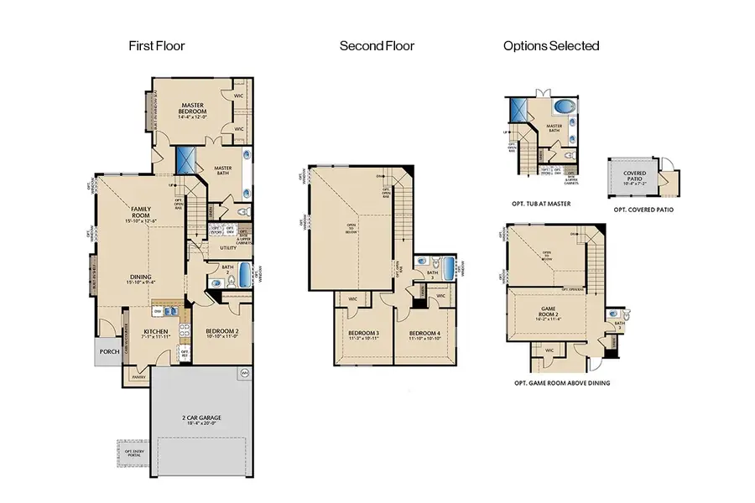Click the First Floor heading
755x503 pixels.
[x=157, y=46]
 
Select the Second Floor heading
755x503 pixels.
[x=377, y=46]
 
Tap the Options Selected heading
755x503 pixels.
[x=551, y=46]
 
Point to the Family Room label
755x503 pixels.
[x=140, y=211]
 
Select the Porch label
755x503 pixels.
[x=107, y=351]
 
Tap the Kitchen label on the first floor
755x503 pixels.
[x=157, y=333]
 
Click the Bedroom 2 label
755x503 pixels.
[x=222, y=332]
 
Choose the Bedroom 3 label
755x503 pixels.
[x=363, y=334]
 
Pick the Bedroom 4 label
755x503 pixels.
[x=424, y=334]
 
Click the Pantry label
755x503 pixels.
[x=138, y=377]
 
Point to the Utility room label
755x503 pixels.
[x=228, y=248]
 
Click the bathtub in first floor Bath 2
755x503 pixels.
[x=243, y=274]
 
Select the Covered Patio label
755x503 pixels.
[x=634, y=175]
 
